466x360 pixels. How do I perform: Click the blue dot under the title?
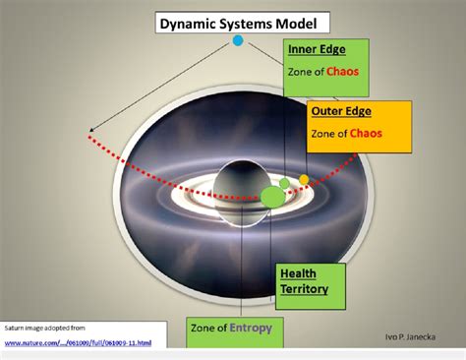(237, 40)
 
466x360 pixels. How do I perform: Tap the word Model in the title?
(303, 21)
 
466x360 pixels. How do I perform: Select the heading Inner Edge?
(312, 49)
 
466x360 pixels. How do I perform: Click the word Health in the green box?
(298, 272)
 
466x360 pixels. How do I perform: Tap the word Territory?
(305, 290)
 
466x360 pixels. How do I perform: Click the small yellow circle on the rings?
(304, 180)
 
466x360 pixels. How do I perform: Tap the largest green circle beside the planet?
(271, 197)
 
